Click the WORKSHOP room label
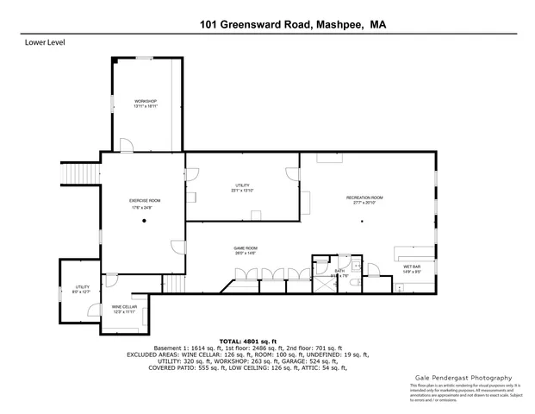[145, 102]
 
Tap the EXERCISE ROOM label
[145, 200]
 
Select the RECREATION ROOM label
[364, 198]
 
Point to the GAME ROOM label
[246, 248]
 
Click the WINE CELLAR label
[123, 306]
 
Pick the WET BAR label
[412, 267]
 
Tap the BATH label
[340, 271]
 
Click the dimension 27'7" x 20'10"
[364, 203]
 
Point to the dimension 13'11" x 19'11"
[145, 107]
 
